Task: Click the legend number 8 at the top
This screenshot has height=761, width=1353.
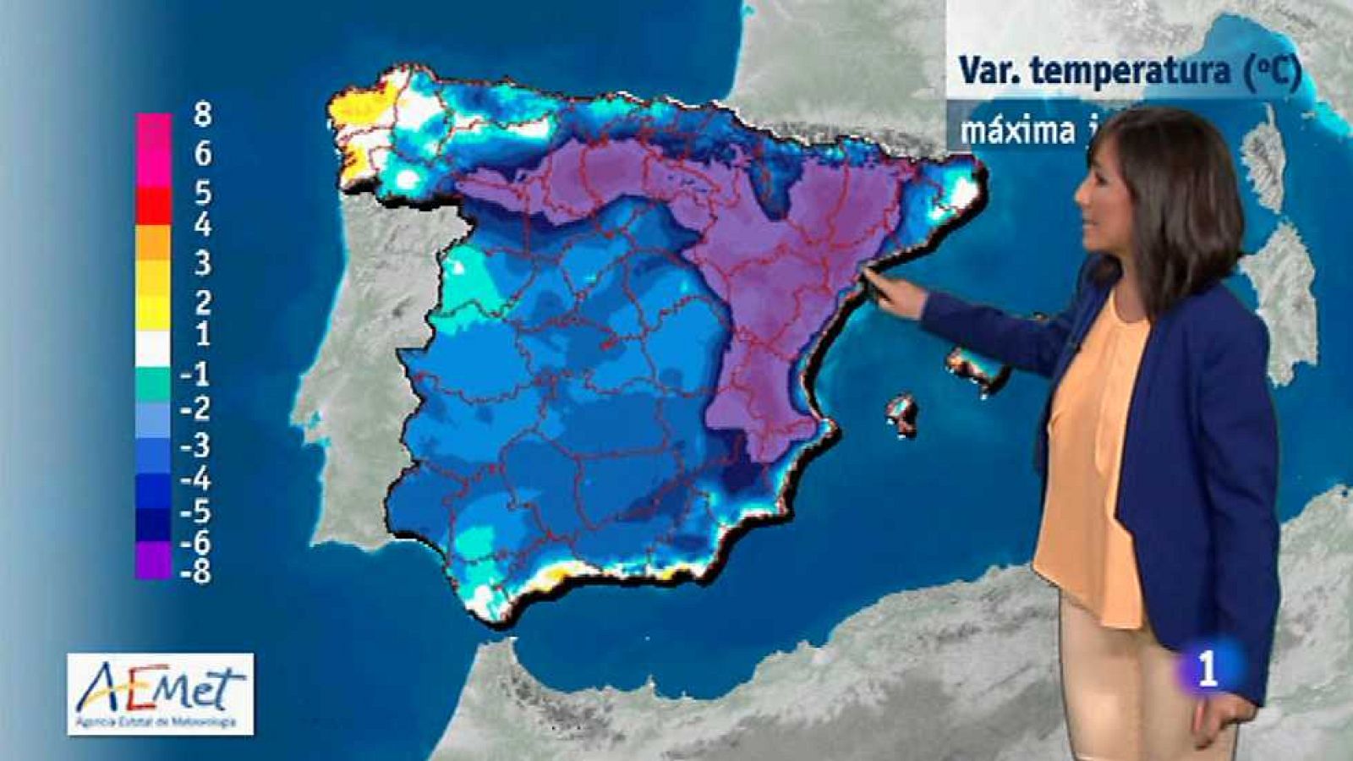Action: pyautogui.click(x=201, y=114)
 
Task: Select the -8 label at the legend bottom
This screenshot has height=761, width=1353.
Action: pyautogui.click(x=195, y=572)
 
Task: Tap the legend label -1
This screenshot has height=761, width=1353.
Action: pyautogui.click(x=195, y=373)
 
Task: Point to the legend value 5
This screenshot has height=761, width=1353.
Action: pyautogui.click(x=202, y=193)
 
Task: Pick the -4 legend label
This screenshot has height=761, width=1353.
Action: pyautogui.click(x=195, y=479)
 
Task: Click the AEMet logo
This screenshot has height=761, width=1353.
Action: pyautogui.click(x=161, y=693)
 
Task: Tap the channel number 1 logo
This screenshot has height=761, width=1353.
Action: pyautogui.click(x=1208, y=668)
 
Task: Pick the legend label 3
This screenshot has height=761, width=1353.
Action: pyautogui.click(x=202, y=264)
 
